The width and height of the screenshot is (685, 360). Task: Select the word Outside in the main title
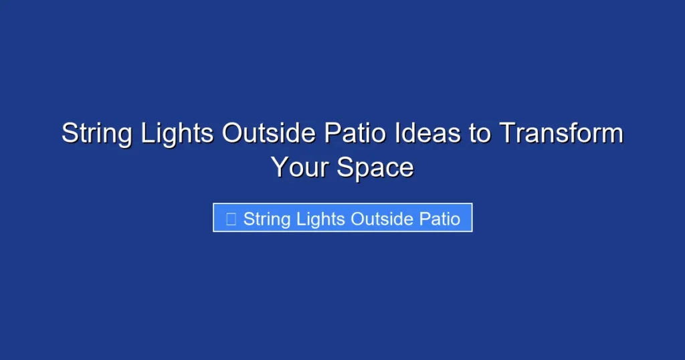point(269,134)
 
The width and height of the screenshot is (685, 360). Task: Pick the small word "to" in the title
point(479,134)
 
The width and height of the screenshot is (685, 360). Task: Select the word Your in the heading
point(300,167)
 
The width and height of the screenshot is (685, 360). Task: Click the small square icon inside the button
point(231,219)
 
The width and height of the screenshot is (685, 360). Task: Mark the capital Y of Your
point(279,167)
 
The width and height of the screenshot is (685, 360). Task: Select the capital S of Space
point(345,167)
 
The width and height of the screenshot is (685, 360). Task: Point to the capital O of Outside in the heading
point(232,134)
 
